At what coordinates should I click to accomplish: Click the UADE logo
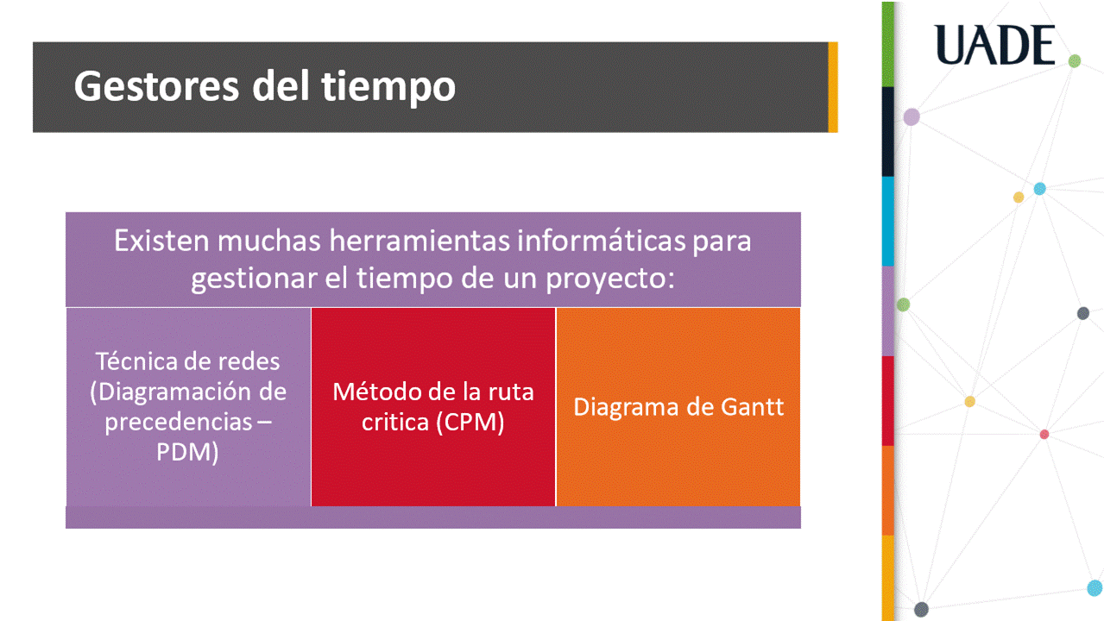994,45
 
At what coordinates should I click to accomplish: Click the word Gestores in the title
157,86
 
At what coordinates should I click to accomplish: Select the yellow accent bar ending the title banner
833,87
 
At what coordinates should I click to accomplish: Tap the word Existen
161,241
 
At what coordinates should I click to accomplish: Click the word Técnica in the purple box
138,361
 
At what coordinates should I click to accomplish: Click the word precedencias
179,422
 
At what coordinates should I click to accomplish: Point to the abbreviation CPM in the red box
470,422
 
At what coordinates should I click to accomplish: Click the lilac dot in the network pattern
912,117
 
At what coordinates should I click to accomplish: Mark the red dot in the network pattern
1044,435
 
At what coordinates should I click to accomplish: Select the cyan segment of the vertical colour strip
887,222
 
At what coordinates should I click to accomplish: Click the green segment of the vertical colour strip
887,44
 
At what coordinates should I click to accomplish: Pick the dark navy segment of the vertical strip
887,132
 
